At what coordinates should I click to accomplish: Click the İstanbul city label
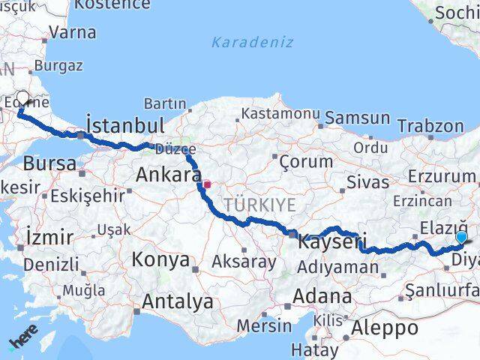click(x=124, y=124)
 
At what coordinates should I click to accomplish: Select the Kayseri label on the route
click(x=331, y=242)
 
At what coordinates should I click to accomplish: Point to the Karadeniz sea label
click(x=252, y=42)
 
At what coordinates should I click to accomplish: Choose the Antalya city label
click(x=177, y=301)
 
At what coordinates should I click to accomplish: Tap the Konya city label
click(x=160, y=259)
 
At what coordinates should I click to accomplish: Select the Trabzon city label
click(x=430, y=126)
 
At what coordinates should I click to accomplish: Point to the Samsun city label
click(x=357, y=118)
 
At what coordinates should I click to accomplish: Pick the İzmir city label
click(x=49, y=237)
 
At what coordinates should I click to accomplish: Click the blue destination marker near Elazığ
click(x=461, y=238)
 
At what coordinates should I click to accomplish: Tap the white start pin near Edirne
click(x=22, y=98)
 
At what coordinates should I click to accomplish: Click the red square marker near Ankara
click(x=207, y=182)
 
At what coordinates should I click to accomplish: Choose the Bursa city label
click(x=49, y=163)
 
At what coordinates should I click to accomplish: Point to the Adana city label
click(x=322, y=295)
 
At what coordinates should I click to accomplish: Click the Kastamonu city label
click(x=280, y=114)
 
